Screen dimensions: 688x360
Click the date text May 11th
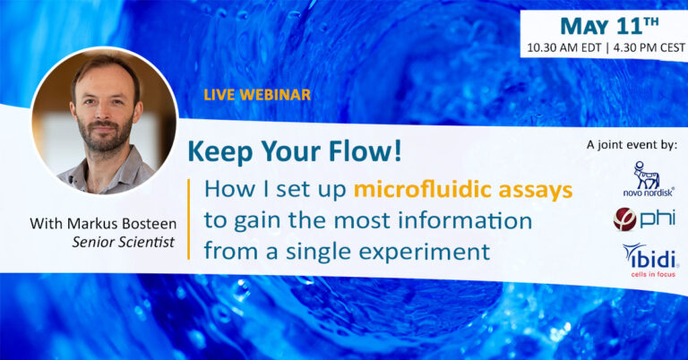point(610,26)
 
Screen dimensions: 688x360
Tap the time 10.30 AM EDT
point(563,47)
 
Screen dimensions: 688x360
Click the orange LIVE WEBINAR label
point(257,95)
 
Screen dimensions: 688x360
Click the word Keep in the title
point(220,152)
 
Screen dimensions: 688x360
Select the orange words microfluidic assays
point(463,190)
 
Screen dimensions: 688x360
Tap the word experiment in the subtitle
point(424,253)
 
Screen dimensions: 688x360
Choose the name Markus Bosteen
point(122,224)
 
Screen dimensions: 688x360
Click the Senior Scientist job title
point(124,242)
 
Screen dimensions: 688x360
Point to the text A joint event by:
point(632,145)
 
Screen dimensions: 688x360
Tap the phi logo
point(644,219)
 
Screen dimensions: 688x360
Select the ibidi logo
point(649,257)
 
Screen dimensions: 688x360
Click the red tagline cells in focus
point(653,275)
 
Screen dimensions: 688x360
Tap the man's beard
point(106,133)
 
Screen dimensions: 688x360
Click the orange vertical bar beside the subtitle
point(189,219)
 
